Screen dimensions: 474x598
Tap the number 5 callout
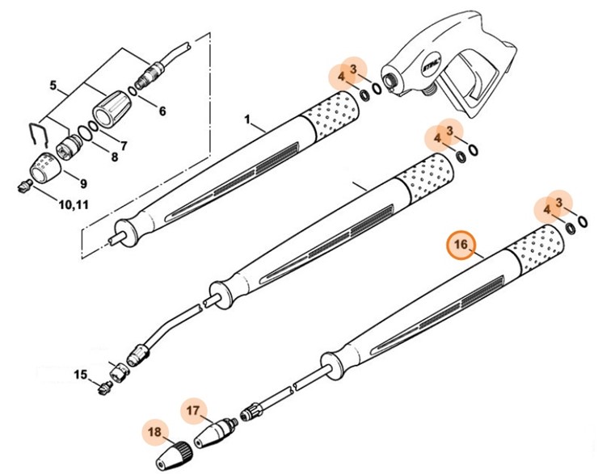click(53, 86)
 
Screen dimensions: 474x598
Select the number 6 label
click(162, 111)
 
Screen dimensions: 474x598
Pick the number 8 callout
click(114, 157)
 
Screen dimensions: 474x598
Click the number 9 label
click(82, 183)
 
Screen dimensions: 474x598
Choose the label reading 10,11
click(74, 205)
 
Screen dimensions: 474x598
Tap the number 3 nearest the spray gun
click(352, 69)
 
